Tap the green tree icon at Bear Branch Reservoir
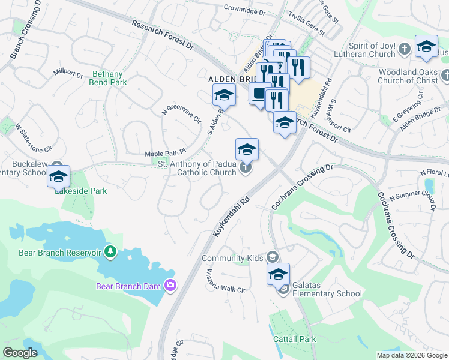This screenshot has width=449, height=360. click(110, 251)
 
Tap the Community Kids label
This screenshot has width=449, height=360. click(232, 258)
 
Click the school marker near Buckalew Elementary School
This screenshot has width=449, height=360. click(59, 176)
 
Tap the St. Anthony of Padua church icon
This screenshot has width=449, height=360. click(246, 168)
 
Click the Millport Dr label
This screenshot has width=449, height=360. click(68, 73)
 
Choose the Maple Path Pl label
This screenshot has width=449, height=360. click(166, 154)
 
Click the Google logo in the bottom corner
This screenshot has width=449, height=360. click(20, 353)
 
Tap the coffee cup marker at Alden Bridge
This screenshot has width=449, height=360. click(259, 95)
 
